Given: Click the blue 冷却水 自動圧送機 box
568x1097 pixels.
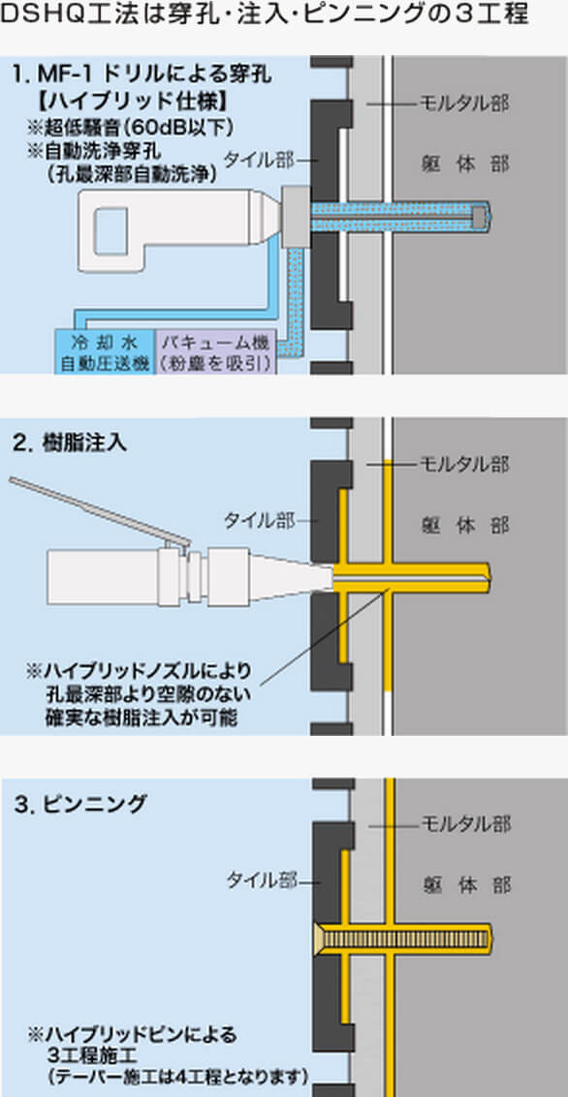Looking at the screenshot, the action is tap(105, 352).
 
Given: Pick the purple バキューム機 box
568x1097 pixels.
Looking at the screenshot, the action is tap(216, 352).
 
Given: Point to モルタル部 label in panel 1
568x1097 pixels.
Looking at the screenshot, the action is tap(464, 105).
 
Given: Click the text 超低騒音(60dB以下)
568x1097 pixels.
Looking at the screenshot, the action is tap(130, 129).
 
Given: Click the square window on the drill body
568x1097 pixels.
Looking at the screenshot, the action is tap(110, 230).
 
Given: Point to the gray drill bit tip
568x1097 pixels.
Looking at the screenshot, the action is tap(480, 216).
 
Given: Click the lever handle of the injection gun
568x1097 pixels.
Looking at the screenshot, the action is tap(98, 509).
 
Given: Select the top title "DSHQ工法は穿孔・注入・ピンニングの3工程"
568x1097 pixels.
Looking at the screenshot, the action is tap(264, 15).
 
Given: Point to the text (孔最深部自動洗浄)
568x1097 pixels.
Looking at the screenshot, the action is tap(132, 173).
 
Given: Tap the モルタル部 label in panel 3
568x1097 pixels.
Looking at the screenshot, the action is tap(464, 824).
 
